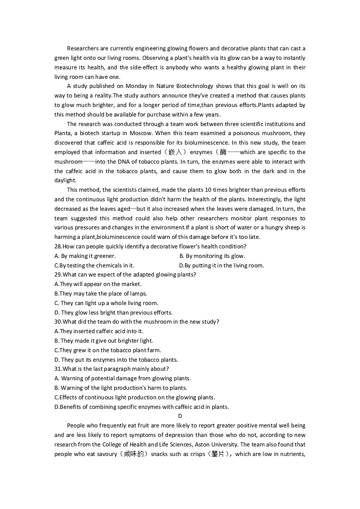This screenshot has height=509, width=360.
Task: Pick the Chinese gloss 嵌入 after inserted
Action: click(x=174, y=152)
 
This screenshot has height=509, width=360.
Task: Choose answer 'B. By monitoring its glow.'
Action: click(x=212, y=256)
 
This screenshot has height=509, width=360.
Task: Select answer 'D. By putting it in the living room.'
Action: click(x=221, y=266)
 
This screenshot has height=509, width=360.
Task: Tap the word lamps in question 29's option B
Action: click(x=138, y=294)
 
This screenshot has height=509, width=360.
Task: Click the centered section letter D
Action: click(x=180, y=416)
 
